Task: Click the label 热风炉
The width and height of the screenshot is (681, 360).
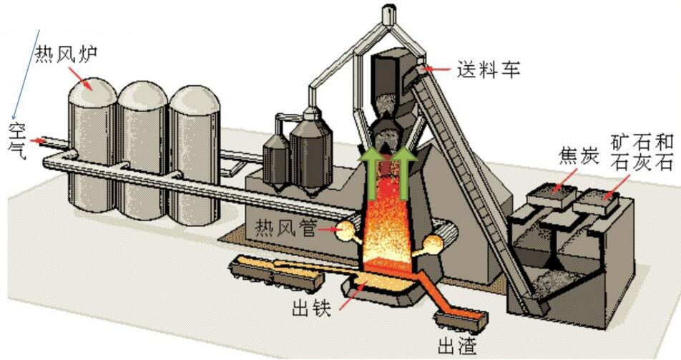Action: [66, 54]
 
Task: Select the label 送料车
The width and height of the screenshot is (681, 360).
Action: [488, 69]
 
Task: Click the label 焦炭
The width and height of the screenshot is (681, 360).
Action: [578, 156]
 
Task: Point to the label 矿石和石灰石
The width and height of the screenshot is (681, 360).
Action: [642, 152]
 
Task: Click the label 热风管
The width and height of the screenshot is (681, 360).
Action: [285, 227]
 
